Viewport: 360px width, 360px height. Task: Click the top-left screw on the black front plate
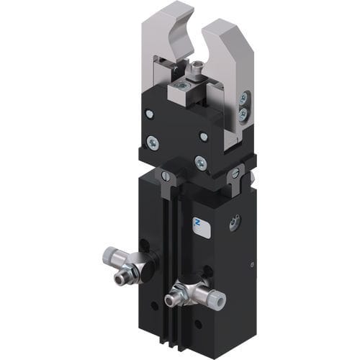149,113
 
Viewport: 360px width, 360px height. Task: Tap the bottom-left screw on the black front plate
153,142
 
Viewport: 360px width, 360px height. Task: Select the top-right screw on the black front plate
204,136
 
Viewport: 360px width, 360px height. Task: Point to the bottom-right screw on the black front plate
201,163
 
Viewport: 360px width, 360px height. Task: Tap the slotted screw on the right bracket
235,173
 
